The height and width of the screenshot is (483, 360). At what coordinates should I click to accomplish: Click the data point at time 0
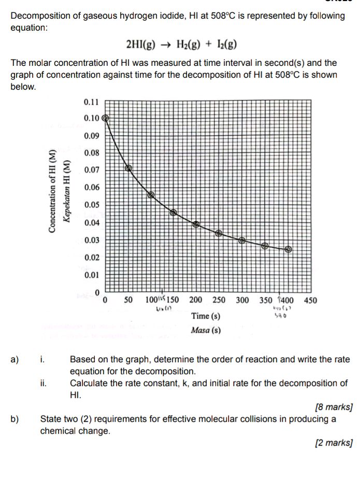coord(106,118)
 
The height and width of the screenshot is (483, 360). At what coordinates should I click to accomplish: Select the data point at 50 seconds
coord(128,167)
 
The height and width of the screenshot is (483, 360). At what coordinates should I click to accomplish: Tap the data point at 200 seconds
coord(196,224)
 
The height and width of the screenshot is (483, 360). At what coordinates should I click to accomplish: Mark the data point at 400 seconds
coord(289,249)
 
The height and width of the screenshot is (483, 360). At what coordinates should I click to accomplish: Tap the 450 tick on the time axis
coord(310,300)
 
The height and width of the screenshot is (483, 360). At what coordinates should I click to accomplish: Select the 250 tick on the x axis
coord(219,300)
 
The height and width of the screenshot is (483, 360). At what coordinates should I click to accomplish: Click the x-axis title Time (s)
coord(205,316)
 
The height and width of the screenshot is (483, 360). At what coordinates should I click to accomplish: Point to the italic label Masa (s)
coord(205,330)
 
